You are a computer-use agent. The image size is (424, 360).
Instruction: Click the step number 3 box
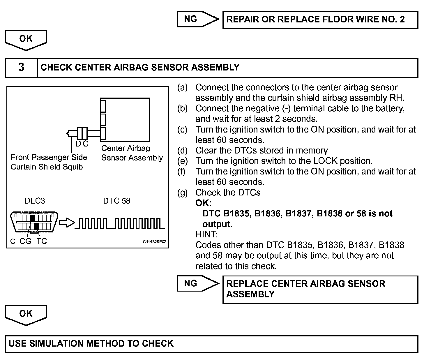[21, 68]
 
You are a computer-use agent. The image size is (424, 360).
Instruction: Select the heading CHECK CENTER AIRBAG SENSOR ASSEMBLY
[140, 68]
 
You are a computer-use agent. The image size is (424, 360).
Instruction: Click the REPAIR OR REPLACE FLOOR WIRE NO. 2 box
[320, 20]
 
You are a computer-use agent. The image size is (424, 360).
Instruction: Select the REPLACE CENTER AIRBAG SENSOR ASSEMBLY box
[320, 289]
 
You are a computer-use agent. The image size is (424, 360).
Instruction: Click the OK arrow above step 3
[26, 40]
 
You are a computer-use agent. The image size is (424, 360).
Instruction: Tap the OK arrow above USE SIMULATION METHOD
[26, 315]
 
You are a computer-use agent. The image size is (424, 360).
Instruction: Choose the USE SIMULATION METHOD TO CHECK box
[211, 344]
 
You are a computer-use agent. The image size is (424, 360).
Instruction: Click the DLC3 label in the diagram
[35, 201]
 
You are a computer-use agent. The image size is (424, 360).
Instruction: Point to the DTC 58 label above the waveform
[116, 201]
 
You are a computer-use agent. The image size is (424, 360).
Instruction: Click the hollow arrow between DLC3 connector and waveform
[67, 223]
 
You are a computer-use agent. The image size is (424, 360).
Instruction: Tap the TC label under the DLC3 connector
[42, 241]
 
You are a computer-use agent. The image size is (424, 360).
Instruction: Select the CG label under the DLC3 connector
[25, 241]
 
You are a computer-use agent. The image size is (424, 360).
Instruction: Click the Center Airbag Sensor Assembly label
[132, 153]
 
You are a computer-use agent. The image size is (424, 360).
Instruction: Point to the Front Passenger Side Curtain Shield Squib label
[49, 162]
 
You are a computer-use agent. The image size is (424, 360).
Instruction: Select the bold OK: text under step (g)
[203, 203]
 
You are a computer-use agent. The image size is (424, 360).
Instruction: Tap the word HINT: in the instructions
[206, 234]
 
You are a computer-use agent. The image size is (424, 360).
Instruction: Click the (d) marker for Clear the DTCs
[183, 151]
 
